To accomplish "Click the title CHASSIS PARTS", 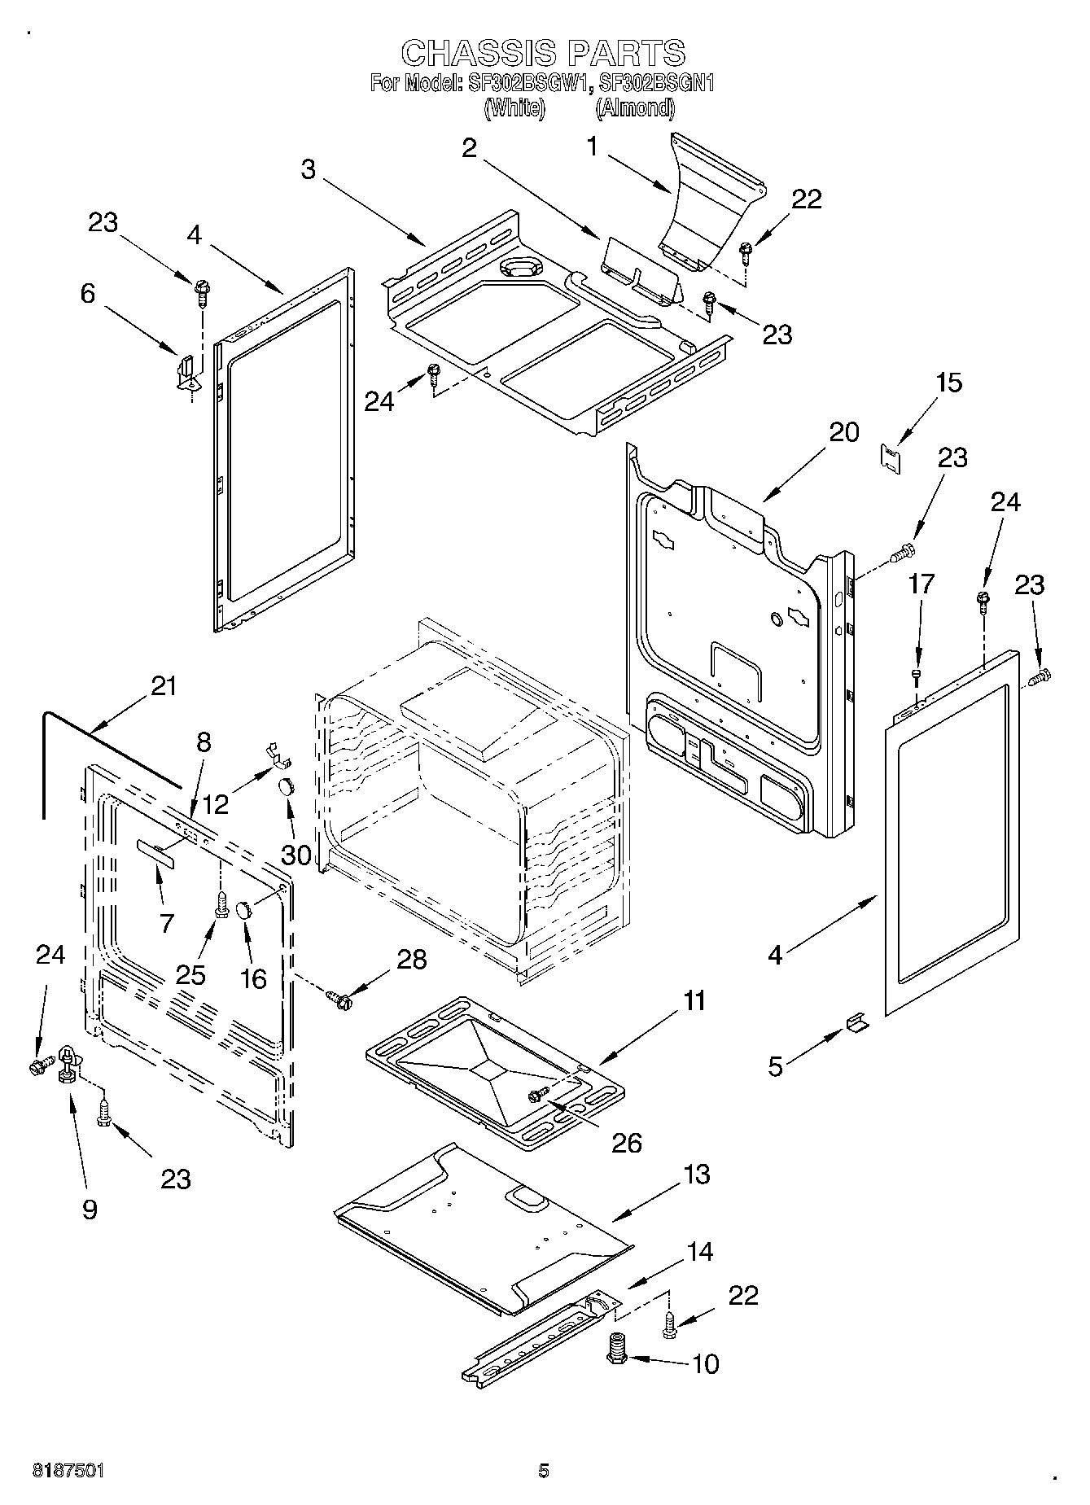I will pos(544,53).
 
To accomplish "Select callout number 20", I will pos(843,432).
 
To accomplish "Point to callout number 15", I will pos(948,383).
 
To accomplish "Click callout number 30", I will pos(296,855).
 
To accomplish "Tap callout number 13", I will pos(697,1175).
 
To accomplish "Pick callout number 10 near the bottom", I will pos(705,1363).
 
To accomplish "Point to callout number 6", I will pos(88,294).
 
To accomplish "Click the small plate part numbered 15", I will pos(893,457).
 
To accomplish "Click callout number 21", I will pos(164,686).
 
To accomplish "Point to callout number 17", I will pos(921,584).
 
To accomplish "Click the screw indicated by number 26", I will pos(536,1096).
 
